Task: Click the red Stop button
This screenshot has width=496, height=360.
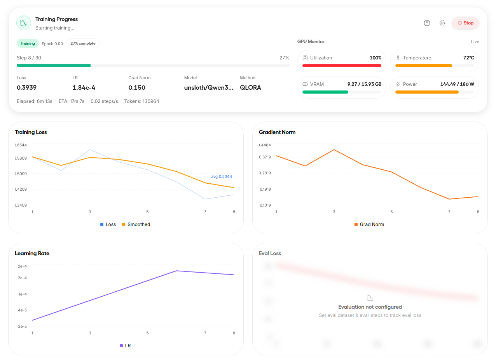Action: pos(465,23)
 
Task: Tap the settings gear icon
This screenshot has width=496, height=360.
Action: pos(442,23)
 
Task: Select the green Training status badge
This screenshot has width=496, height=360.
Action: pos(28,43)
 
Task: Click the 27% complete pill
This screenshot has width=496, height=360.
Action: pos(83,43)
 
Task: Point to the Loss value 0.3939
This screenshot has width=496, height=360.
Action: pos(26,88)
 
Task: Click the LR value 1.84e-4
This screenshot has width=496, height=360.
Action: pos(84,88)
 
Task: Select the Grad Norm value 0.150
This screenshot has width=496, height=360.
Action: pos(137,88)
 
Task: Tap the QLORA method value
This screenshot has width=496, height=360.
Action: pos(250,88)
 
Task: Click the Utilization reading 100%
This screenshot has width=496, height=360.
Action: pos(375,58)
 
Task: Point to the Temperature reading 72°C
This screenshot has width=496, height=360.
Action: pos(468,58)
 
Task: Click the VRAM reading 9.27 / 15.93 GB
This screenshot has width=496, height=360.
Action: pos(364,84)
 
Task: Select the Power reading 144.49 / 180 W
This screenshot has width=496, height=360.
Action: pos(457,84)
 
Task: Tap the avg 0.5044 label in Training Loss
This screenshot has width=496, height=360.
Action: pos(221,177)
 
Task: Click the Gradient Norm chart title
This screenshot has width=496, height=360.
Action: pos(277,132)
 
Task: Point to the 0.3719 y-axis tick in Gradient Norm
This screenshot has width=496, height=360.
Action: pos(265,157)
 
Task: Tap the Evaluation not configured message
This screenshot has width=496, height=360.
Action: pos(370,307)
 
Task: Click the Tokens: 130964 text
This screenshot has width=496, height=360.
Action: pos(141,101)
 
